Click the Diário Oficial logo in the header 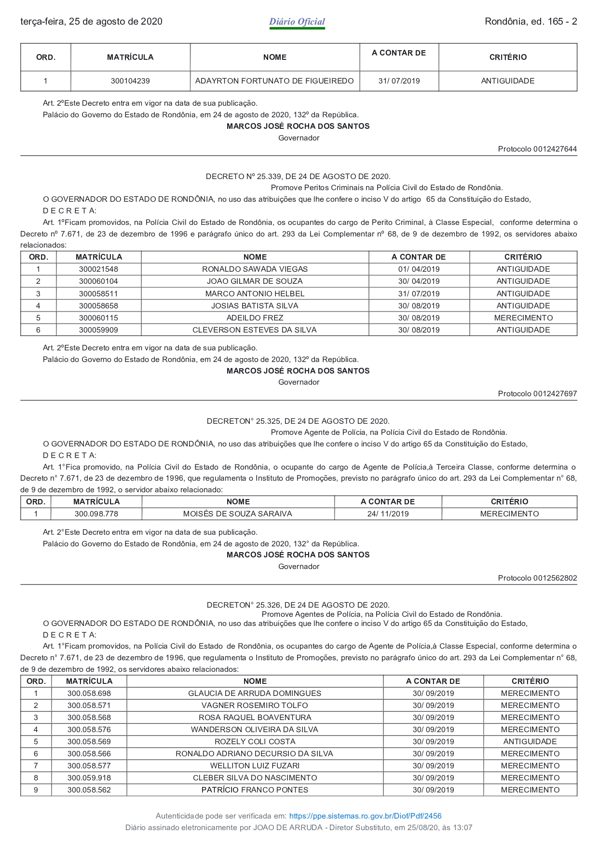point(297,22)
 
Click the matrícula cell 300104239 point(130,81)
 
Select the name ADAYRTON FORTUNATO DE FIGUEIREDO point(274,81)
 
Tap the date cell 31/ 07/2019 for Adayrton point(399,81)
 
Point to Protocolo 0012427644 point(537,149)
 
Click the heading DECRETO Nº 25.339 point(298,177)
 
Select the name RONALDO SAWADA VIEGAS point(255,269)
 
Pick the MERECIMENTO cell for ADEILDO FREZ point(523,318)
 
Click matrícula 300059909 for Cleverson point(98,330)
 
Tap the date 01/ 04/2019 point(419,269)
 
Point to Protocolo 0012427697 point(537,394)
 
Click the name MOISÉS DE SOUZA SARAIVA point(238,514)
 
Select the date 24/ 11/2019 point(388,514)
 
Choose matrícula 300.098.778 point(96,514)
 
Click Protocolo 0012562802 point(537,578)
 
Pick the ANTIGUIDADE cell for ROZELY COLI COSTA point(530,742)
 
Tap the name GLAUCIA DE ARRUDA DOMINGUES point(255,694)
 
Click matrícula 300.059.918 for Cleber point(89,778)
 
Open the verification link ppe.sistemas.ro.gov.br point(365,816)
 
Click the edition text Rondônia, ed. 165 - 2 point(530,22)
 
